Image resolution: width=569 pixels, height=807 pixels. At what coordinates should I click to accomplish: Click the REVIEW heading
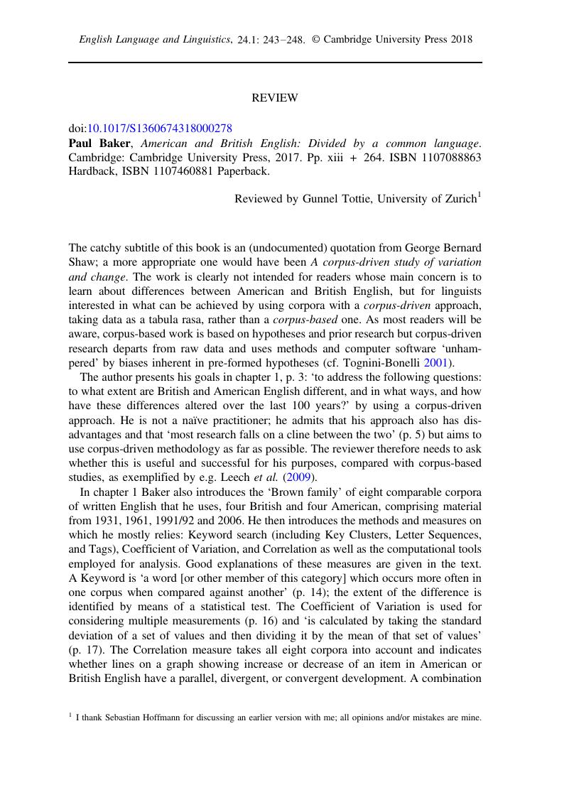(275, 98)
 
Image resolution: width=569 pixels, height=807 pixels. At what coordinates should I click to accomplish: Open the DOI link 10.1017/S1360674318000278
(159, 129)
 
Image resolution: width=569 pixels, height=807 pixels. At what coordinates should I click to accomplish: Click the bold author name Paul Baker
(94, 143)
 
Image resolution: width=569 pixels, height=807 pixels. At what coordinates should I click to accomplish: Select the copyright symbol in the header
(317, 40)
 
